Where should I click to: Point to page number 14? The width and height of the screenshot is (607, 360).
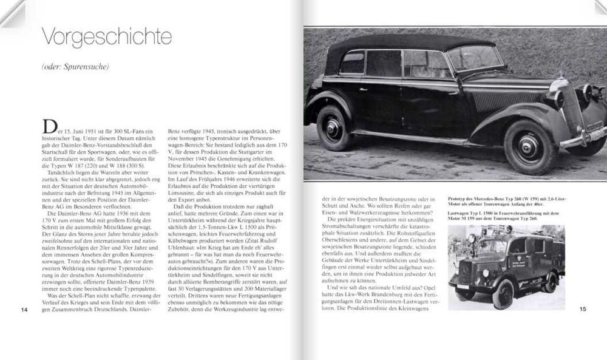click(x=24, y=310)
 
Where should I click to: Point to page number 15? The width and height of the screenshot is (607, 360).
click(x=583, y=310)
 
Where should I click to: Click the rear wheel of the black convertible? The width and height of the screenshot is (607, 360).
click(x=334, y=127)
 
